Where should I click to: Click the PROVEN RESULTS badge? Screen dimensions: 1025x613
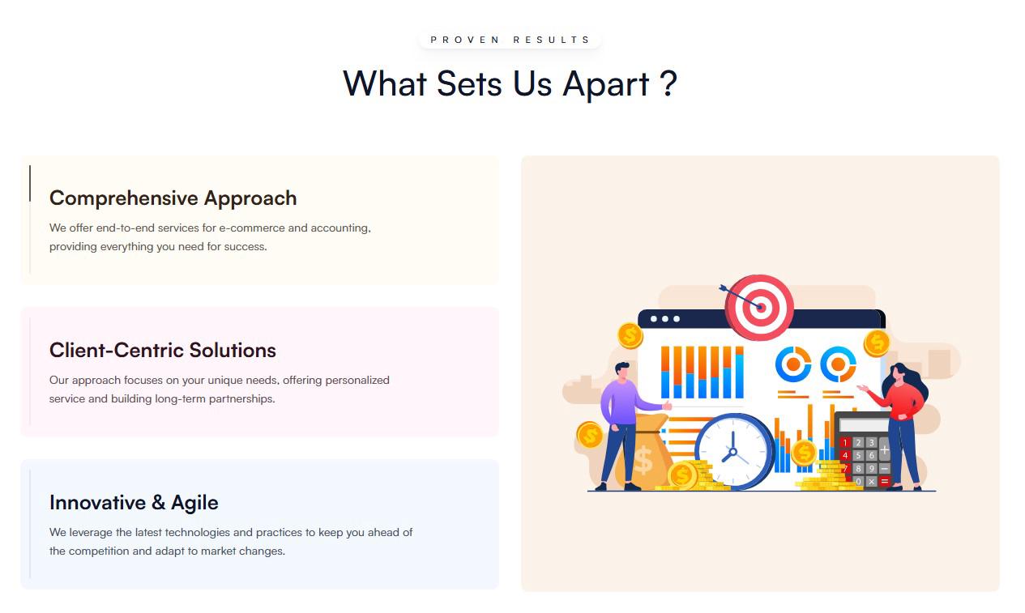pos(510,40)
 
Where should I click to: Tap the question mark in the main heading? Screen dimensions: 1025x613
pos(668,83)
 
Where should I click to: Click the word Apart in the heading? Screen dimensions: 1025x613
pos(606,85)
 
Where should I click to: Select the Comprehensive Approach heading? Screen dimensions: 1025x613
pos(173,198)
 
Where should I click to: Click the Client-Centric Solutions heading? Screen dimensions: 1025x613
pos(162,351)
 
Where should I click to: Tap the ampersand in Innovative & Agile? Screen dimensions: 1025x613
pos(158,502)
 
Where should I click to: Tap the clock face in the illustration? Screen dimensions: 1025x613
pos(733,452)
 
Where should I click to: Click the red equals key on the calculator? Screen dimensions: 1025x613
pos(885,481)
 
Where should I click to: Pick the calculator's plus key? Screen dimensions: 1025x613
pos(885,449)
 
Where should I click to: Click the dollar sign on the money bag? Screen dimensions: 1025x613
pos(643,460)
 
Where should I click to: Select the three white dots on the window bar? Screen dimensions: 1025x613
pos(665,319)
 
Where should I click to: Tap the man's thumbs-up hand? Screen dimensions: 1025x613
pos(667,405)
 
